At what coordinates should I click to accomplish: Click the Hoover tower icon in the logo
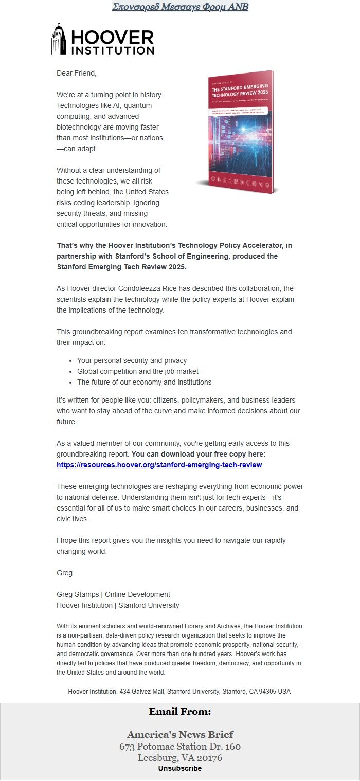[x=59, y=39]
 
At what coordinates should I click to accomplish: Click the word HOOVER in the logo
[x=112, y=37]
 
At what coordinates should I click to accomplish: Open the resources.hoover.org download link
[x=159, y=465]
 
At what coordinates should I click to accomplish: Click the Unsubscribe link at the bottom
[x=179, y=768]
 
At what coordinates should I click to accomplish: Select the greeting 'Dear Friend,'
[x=76, y=73]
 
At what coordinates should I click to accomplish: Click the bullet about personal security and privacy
[x=132, y=360]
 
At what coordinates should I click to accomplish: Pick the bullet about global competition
[x=137, y=371]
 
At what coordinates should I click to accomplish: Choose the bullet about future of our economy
[x=144, y=382]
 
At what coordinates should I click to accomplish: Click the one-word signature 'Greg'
[x=64, y=573]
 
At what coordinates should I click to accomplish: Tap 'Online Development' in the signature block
[x=137, y=594]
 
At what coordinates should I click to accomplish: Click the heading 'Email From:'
[x=179, y=712]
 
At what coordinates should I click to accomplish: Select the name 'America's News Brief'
[x=179, y=734]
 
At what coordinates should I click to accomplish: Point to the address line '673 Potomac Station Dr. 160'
[x=179, y=746]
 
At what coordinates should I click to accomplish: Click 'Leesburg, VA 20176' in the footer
[x=179, y=757]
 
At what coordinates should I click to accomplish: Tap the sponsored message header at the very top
[x=179, y=7]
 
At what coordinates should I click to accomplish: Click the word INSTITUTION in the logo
[x=112, y=50]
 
